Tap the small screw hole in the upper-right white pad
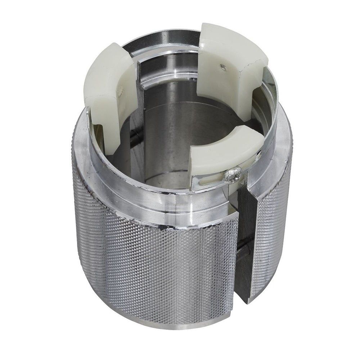click(x=223, y=66)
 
